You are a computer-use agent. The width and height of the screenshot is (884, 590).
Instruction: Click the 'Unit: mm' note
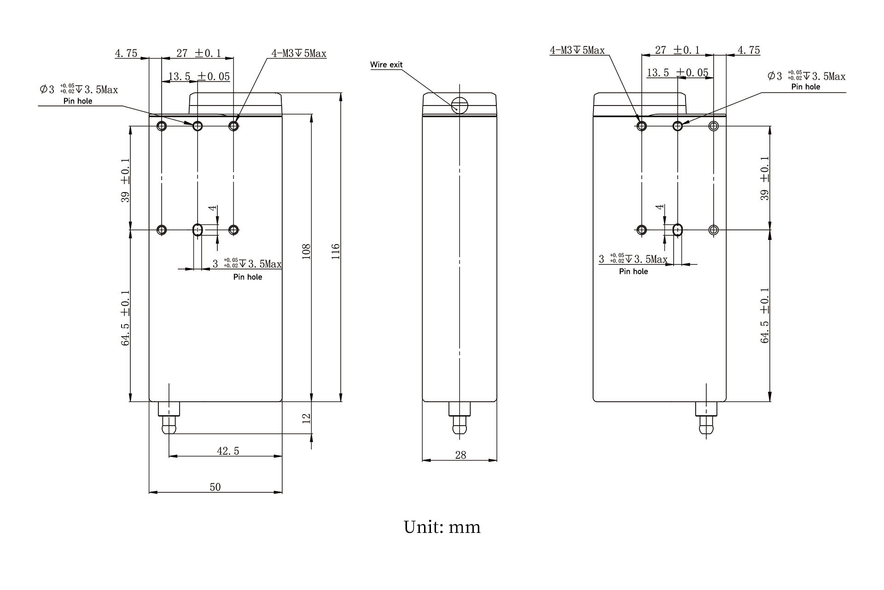tap(442, 527)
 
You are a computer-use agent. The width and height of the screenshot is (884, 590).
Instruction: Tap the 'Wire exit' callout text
tap(386, 65)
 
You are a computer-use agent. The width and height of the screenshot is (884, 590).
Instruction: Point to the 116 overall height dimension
tap(336, 251)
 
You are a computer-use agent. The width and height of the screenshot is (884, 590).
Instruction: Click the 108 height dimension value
tap(307, 251)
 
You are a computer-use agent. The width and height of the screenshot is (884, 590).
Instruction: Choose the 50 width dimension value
tap(215, 487)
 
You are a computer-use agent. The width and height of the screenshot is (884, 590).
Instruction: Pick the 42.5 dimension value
tap(228, 451)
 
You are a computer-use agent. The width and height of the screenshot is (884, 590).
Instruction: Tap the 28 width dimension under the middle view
tap(460, 455)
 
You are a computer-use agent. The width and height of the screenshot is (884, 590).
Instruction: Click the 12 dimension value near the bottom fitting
tap(307, 418)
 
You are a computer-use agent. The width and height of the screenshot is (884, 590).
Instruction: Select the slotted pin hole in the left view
tap(198, 229)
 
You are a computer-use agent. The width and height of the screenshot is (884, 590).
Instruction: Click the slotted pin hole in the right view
tap(678, 229)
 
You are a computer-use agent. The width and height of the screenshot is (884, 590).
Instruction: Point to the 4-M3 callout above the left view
tap(299, 53)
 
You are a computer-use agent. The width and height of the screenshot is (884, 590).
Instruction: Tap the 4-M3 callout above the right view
tap(577, 50)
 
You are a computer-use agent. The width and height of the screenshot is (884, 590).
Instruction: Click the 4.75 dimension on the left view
tap(126, 53)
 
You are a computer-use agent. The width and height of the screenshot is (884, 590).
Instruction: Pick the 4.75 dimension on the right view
tap(749, 50)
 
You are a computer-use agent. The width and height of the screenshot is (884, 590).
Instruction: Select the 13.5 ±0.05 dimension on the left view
tap(199, 76)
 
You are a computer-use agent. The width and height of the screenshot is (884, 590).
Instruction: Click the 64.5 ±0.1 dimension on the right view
tap(765, 315)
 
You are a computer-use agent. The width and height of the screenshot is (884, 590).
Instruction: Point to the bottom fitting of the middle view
tap(459, 418)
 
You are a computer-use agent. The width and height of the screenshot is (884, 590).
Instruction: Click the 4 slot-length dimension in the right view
tap(661, 207)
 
